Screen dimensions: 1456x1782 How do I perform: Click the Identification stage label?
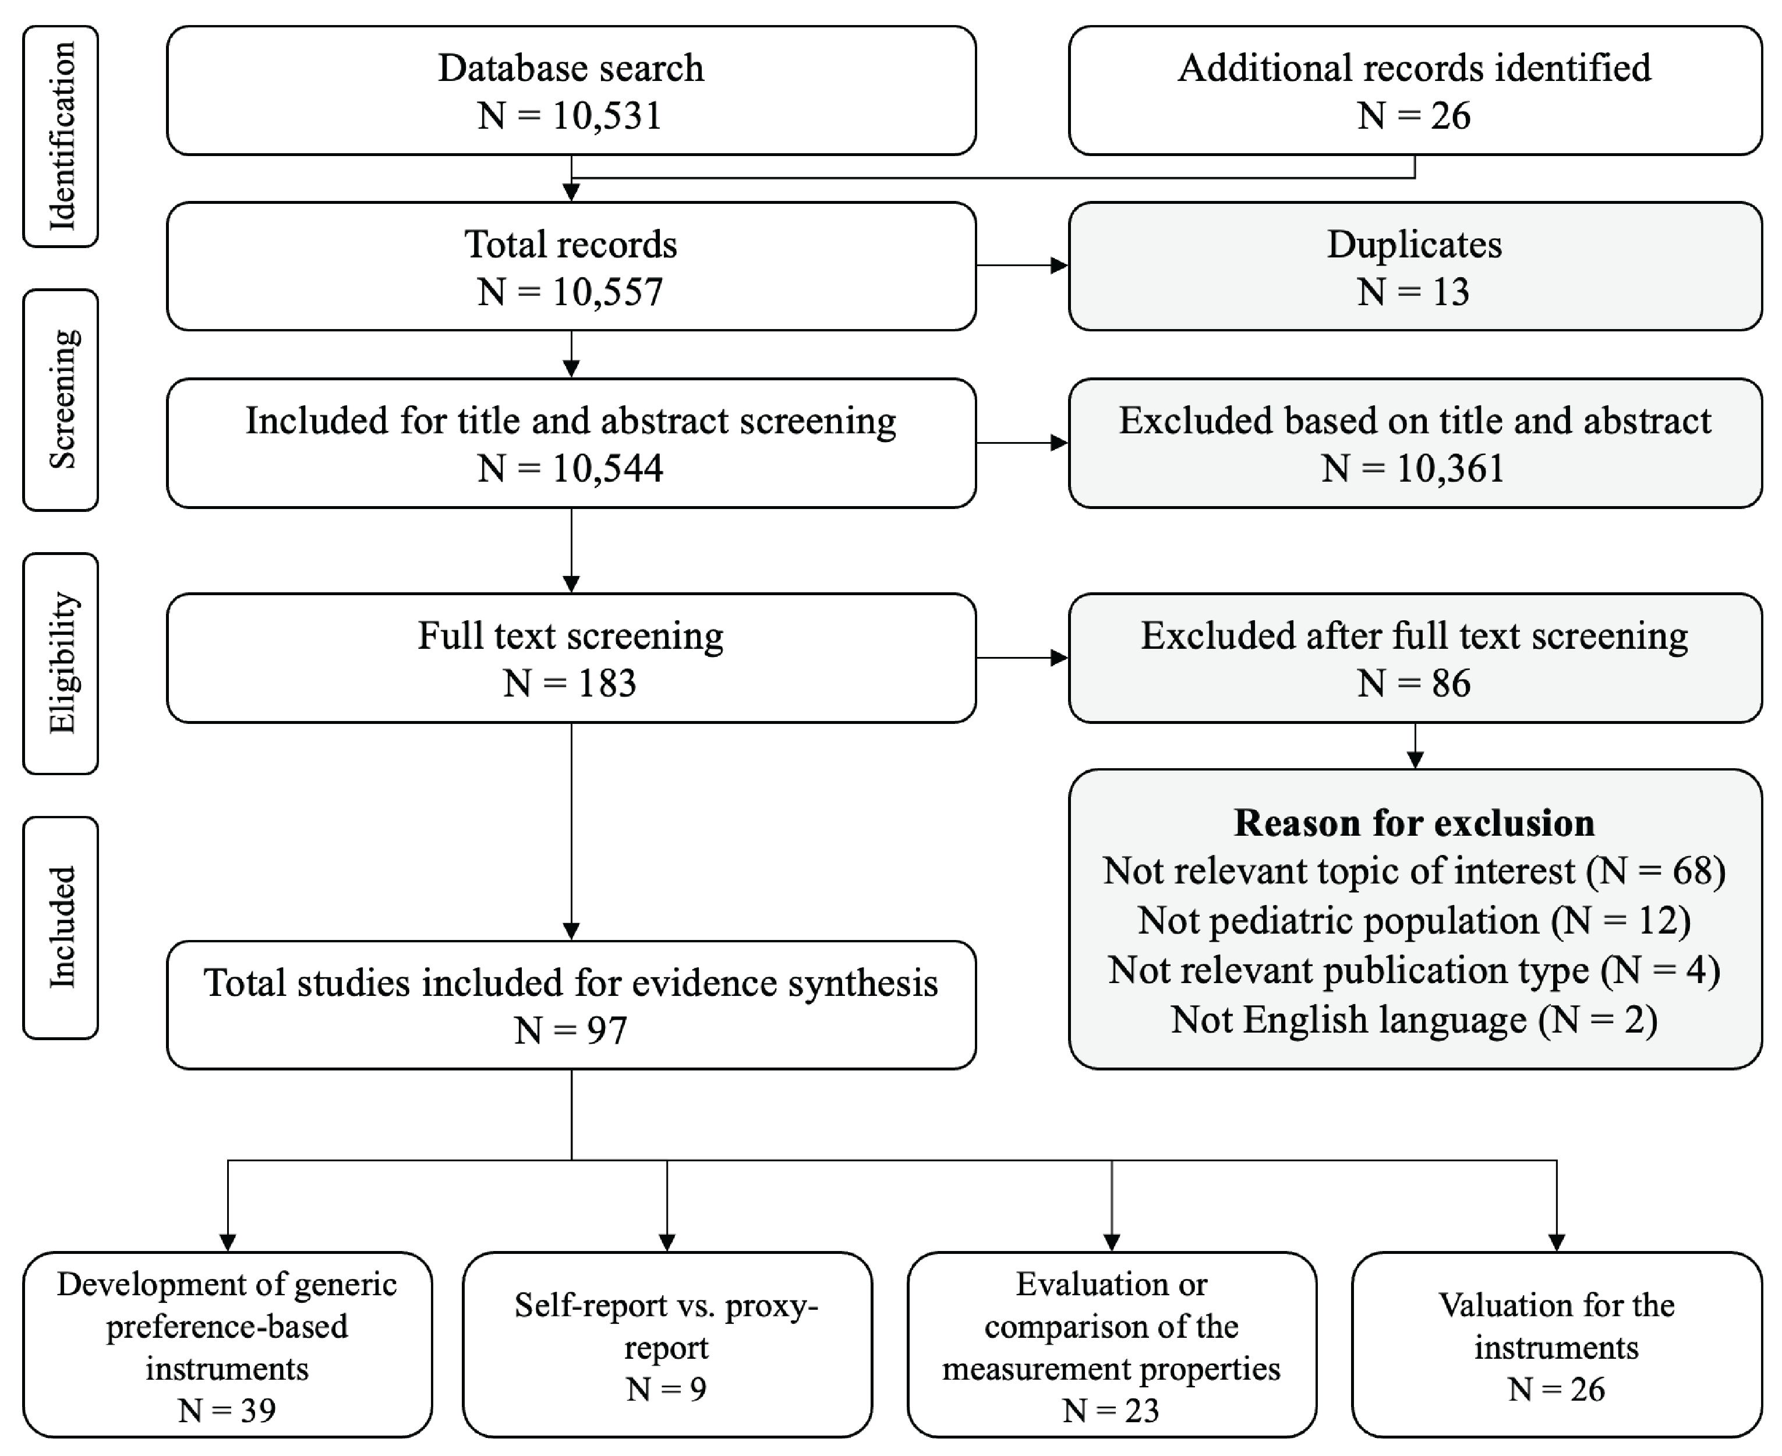[x=61, y=136]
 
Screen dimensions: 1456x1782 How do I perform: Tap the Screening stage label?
[x=61, y=400]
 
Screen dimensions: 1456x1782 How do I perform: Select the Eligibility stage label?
[x=61, y=663]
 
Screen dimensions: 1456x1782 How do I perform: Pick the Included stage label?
[x=61, y=928]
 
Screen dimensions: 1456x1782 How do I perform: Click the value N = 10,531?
[x=570, y=116]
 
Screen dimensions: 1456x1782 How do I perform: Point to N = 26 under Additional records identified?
[x=1414, y=116]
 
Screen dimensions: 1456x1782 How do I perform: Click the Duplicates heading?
[x=1414, y=244]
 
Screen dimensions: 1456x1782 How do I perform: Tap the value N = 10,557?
[x=570, y=292]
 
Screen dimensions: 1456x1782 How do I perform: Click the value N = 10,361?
[x=1414, y=468]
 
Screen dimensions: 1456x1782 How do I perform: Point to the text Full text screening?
[x=570, y=636]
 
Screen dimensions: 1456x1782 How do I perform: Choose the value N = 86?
[x=1414, y=684]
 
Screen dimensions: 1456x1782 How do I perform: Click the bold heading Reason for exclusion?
[x=1414, y=823]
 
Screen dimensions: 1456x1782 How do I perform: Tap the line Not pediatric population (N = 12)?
[x=1414, y=921]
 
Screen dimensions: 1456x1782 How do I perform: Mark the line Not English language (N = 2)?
[x=1414, y=1020]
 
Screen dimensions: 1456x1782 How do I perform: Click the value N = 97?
[x=570, y=1030]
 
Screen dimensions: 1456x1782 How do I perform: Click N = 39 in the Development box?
[x=227, y=1410]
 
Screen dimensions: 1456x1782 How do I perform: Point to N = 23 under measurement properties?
[x=1111, y=1410]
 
